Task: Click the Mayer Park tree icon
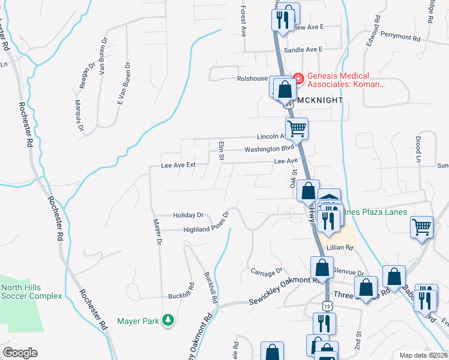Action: [169, 321]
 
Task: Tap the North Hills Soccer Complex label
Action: [31, 291]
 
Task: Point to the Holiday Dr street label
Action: [188, 215]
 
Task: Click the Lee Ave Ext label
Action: [179, 165]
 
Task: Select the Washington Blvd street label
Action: [269, 149]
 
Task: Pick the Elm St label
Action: [221, 149]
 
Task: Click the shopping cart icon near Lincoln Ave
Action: [297, 128]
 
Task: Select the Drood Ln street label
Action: [418, 149]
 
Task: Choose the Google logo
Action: [19, 353]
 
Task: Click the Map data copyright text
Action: [424, 355]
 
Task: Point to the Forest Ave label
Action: [244, 21]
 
